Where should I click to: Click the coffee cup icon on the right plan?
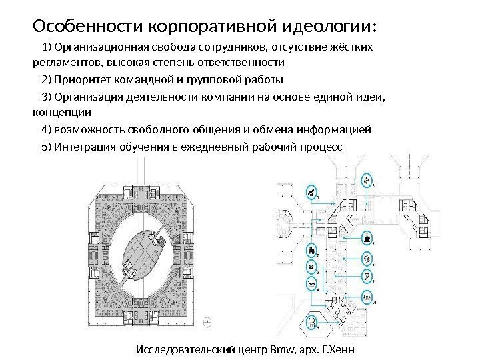[367, 237]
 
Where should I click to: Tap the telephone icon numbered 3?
[311, 266]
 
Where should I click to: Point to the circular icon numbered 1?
[310, 192]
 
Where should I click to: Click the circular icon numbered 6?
[367, 180]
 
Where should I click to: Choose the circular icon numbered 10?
[367, 297]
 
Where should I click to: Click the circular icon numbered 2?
[311, 250]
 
